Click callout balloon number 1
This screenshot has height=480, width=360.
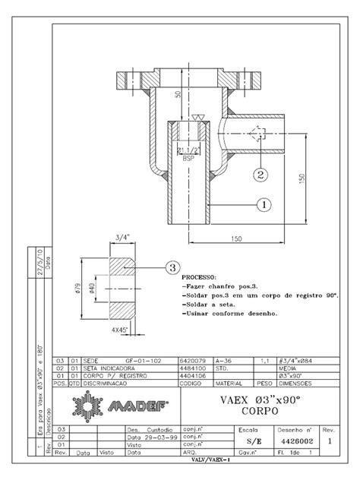[264, 204]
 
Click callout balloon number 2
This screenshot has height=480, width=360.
[260, 173]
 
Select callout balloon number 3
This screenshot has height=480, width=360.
[172, 267]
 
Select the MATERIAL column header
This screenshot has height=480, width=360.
[228, 384]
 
